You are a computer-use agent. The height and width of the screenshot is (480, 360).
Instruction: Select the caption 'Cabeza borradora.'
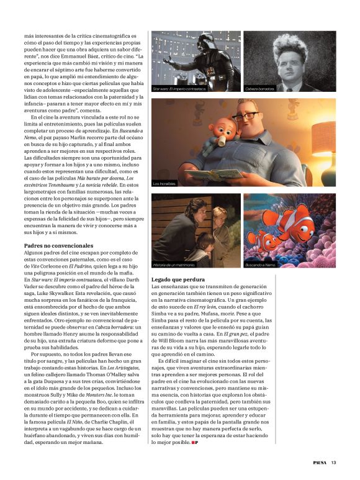pyautogui.click(x=260, y=89)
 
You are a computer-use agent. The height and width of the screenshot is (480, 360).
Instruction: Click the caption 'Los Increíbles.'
pyautogui.click(x=165, y=184)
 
